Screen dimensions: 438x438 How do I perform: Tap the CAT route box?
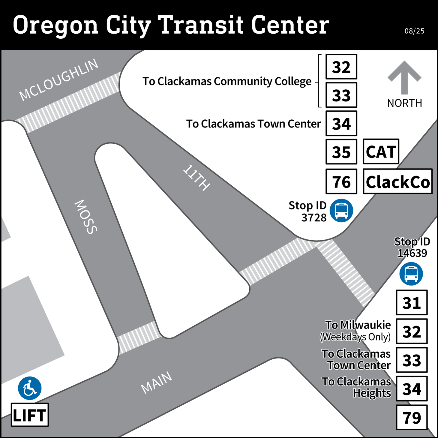pos(381,151)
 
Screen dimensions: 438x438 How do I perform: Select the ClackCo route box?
pos(397,181)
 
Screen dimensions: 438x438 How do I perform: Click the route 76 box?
pos(341,181)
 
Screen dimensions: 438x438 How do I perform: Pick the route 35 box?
pos(341,152)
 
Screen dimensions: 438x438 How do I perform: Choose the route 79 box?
pos(412,417)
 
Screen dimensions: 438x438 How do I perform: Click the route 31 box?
pos(412,302)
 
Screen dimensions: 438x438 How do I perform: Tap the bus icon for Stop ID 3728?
pos(341,210)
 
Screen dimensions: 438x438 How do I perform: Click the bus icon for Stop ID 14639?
pos(411,274)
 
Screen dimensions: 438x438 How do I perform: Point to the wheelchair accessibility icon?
pos(30,388)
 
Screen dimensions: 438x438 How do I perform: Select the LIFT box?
pos(30,415)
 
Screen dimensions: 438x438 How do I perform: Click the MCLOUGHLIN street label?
pos(59,79)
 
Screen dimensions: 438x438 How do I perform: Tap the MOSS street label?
pos(86,217)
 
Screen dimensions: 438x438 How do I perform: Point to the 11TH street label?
pos(196,178)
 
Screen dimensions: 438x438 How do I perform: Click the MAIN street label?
pos(157,382)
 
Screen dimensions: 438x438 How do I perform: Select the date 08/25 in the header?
pos(414,31)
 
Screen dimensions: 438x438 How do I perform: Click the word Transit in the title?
pos(200,25)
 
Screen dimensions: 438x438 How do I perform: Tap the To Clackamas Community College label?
pos(227,81)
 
